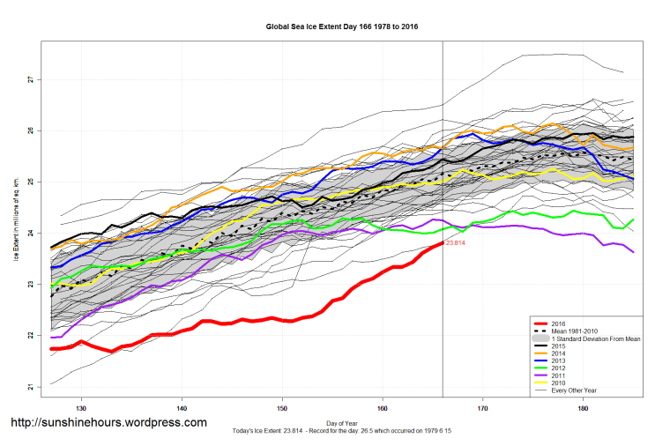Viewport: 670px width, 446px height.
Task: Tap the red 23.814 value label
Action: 456,242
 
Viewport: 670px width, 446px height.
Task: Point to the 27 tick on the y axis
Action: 29,79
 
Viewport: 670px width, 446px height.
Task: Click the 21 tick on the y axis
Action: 29,387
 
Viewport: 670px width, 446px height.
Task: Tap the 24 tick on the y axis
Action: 29,234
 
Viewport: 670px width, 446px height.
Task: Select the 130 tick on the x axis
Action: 81,408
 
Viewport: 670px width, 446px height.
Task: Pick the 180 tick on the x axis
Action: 584,408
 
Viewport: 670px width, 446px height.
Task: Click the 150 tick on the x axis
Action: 282,408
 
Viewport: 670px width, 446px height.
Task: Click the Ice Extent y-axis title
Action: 15,234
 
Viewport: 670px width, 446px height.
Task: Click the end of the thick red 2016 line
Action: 442,242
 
